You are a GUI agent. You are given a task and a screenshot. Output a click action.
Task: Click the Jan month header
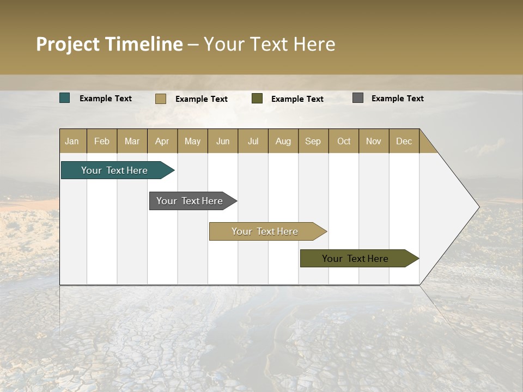[72, 141]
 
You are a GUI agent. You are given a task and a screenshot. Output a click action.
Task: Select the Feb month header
[102, 141]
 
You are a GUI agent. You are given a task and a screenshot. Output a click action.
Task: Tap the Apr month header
[162, 141]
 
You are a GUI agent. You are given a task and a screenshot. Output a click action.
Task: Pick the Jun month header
[223, 141]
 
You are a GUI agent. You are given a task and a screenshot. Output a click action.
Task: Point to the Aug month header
[283, 141]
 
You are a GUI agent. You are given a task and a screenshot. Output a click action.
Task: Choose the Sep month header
[313, 141]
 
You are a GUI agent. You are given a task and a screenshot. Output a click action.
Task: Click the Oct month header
[344, 141]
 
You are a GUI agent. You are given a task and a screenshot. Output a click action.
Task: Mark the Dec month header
[404, 141]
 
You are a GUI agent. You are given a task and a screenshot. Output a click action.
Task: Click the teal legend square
[65, 98]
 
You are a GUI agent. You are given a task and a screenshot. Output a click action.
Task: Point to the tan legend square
[161, 99]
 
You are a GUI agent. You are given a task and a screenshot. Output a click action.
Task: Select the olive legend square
[257, 98]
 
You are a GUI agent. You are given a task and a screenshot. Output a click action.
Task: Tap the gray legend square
[358, 98]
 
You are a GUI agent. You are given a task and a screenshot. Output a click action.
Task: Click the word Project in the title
[69, 44]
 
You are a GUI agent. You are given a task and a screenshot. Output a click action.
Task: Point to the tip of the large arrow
[478, 207]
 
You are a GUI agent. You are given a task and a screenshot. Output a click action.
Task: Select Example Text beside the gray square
[397, 98]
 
